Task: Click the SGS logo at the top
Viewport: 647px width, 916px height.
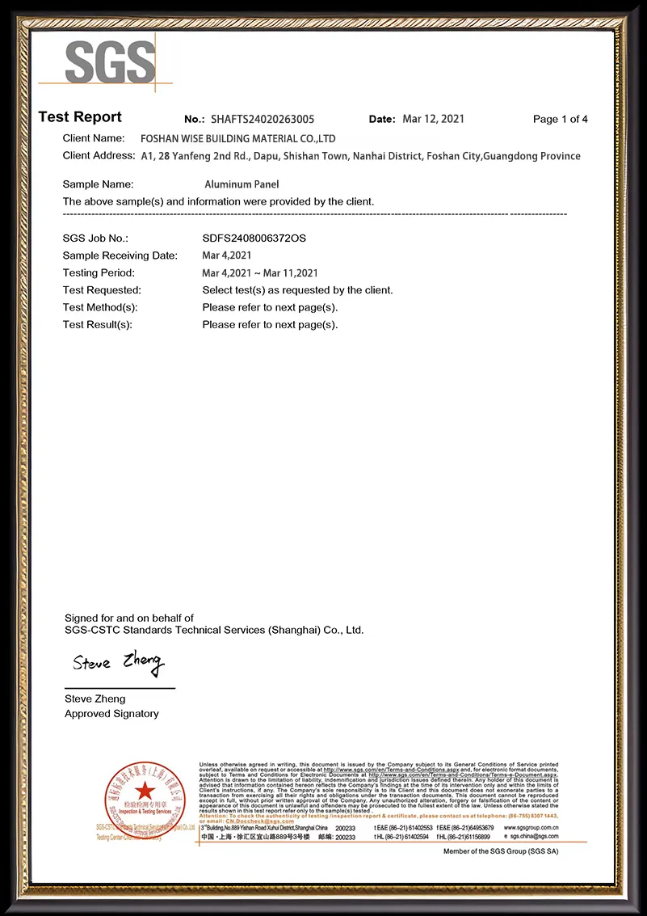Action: (109, 61)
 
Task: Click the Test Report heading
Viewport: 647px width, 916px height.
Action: (80, 117)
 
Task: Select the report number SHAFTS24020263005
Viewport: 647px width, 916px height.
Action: (263, 119)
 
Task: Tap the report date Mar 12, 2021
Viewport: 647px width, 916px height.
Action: (434, 119)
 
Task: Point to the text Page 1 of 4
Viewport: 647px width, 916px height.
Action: (561, 120)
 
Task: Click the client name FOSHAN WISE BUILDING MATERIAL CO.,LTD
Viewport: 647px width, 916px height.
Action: (237, 139)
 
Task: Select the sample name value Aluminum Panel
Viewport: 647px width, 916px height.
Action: (242, 184)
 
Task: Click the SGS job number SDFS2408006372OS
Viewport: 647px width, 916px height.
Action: (254, 238)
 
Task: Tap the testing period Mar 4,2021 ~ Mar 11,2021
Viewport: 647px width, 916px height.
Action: (260, 273)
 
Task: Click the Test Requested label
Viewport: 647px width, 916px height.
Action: (102, 290)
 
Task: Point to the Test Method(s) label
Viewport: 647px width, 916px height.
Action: (100, 307)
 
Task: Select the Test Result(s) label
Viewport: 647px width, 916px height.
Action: (98, 325)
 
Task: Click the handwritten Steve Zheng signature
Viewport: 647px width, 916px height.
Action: (118, 663)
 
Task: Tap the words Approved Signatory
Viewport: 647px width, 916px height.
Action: (111, 714)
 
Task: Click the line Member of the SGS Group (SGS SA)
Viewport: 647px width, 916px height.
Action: (501, 851)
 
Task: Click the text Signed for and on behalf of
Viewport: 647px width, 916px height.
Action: (129, 618)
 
